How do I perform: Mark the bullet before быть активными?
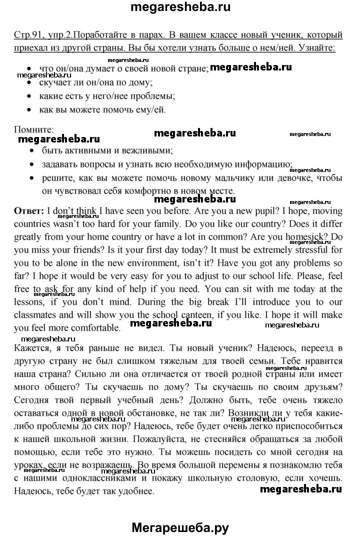click(31, 150)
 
